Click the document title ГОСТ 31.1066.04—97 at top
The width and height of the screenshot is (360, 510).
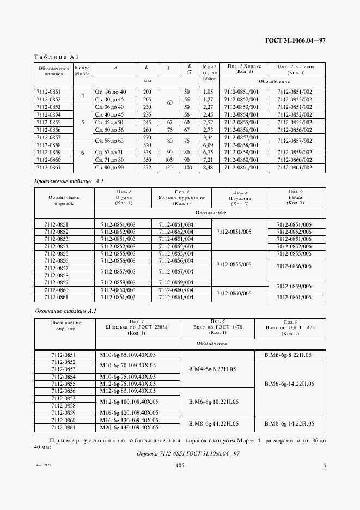(x=295, y=41)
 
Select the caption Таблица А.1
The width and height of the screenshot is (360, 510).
(x=57, y=57)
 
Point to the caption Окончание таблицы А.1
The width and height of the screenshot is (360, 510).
(x=65, y=311)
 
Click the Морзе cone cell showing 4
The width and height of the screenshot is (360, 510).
(x=83, y=96)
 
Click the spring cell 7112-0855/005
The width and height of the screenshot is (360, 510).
(x=234, y=264)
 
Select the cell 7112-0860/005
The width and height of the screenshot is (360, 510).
(x=234, y=293)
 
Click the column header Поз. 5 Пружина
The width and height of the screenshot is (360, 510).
(x=240, y=198)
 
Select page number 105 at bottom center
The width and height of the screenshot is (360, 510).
(x=180, y=465)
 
